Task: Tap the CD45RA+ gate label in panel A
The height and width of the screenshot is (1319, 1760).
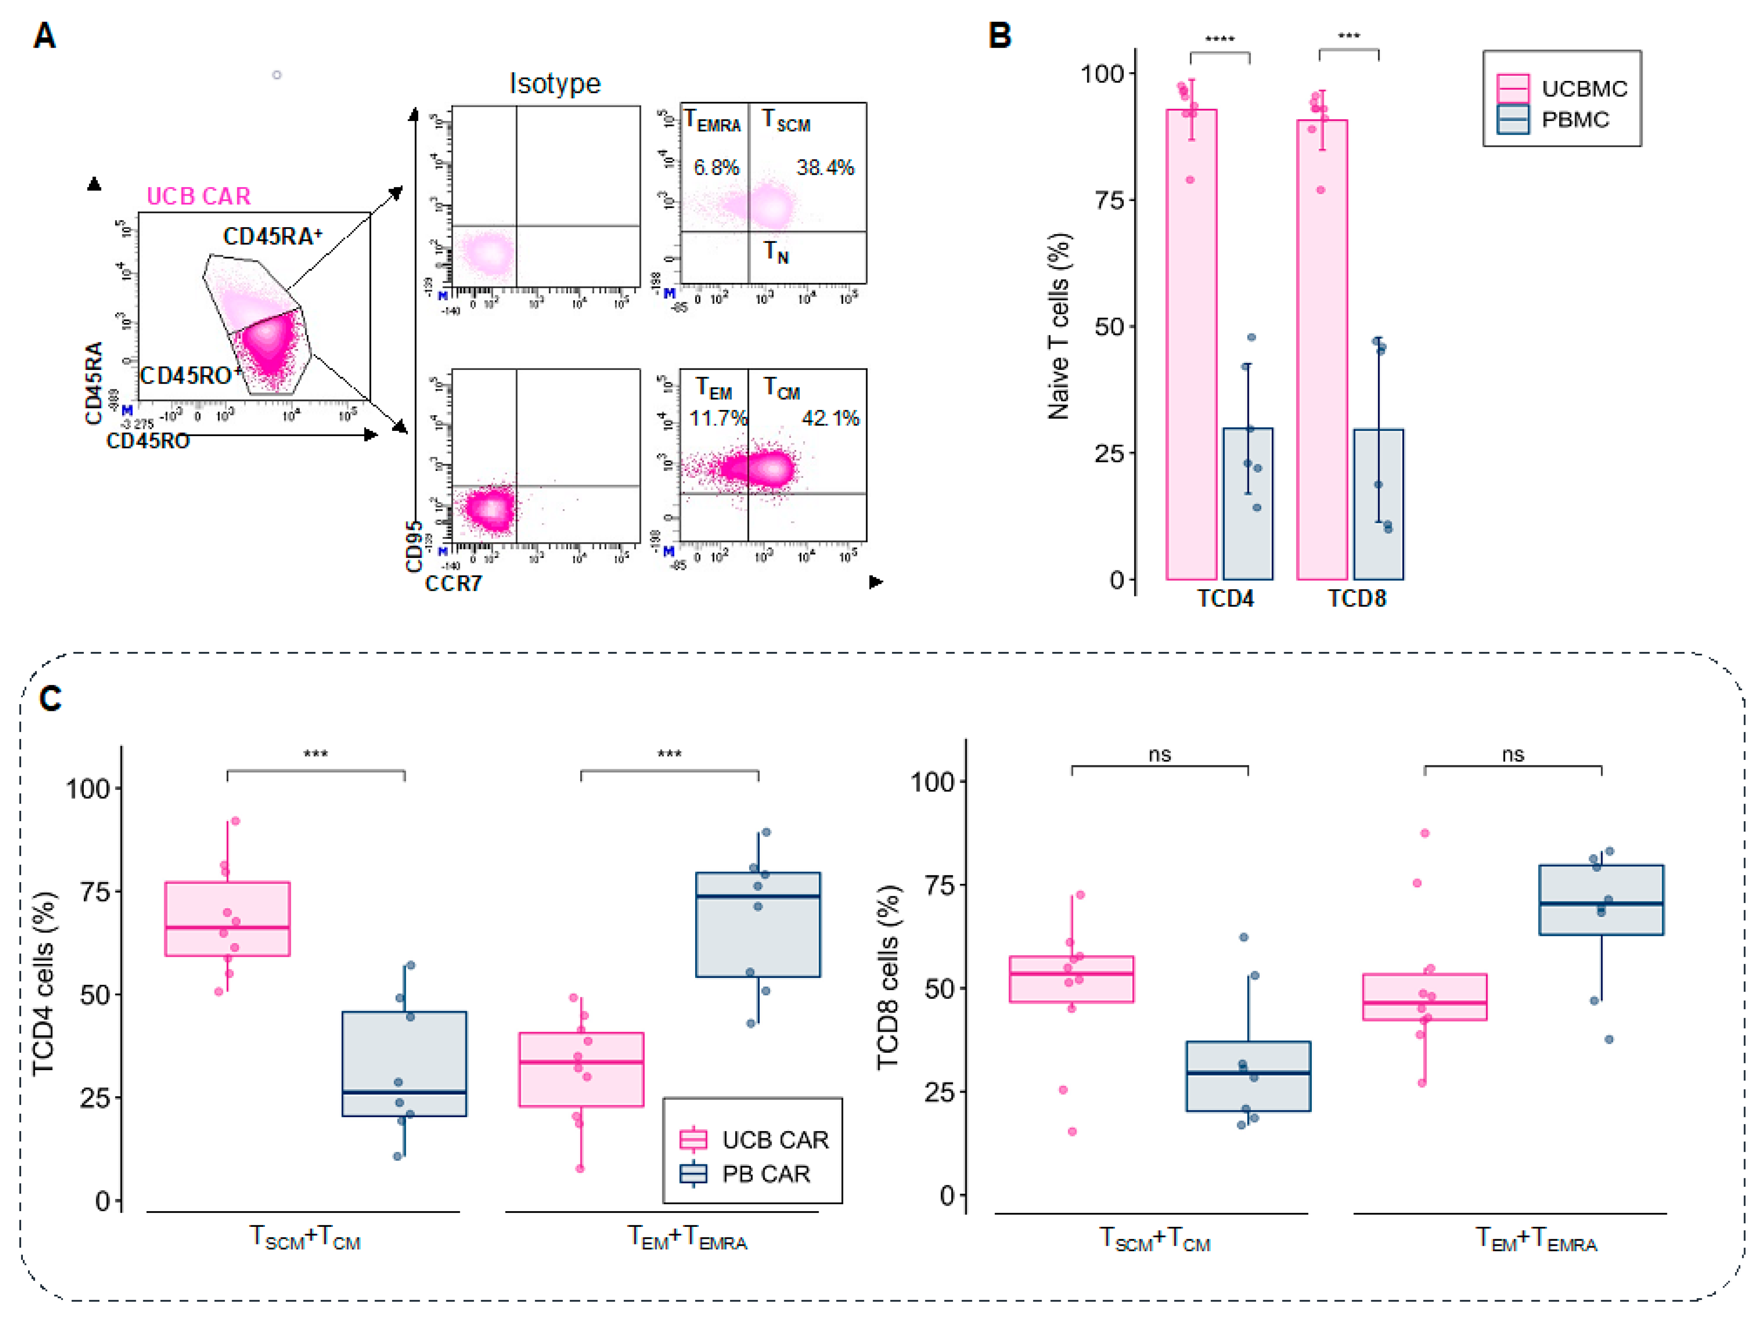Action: [272, 236]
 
